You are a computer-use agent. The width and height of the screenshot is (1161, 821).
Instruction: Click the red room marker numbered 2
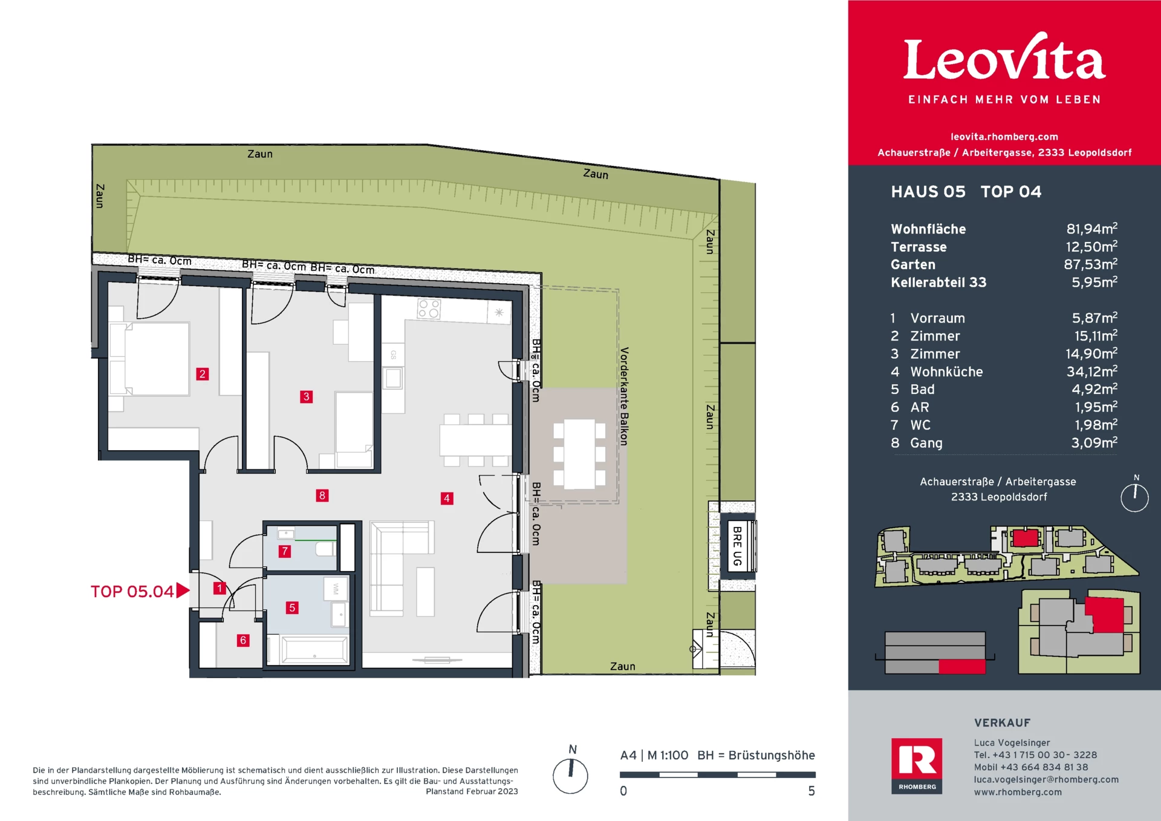[x=203, y=374]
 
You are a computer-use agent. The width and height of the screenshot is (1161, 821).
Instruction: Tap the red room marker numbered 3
[x=307, y=397]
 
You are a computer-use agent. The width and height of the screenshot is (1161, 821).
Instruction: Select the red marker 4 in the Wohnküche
[x=447, y=499]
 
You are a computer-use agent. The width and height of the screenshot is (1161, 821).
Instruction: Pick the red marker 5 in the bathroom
[x=292, y=607]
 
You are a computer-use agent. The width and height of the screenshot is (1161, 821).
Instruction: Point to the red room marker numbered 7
[x=285, y=551]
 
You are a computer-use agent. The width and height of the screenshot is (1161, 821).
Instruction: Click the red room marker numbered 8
[x=322, y=496]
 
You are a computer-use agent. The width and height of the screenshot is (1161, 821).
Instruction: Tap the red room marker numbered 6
[x=243, y=640]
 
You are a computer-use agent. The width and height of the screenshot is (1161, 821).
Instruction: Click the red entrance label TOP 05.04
[x=132, y=591]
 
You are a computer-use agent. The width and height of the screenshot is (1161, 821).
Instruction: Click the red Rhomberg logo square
[x=917, y=766]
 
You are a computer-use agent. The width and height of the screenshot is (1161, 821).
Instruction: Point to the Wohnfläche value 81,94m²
[x=1091, y=229]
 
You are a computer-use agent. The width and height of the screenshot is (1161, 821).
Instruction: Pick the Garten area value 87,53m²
[x=1091, y=264]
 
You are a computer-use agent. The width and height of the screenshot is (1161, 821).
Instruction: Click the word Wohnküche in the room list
[x=946, y=371]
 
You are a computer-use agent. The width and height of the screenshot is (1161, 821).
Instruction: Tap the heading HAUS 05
[x=928, y=192]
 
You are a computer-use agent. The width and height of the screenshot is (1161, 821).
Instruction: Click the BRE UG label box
[x=738, y=546]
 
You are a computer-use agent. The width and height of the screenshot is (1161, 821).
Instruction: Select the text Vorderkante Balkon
[x=624, y=396]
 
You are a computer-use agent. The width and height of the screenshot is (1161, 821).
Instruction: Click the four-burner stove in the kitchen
[x=429, y=309]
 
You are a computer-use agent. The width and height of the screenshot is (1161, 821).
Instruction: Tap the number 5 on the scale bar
[x=811, y=791]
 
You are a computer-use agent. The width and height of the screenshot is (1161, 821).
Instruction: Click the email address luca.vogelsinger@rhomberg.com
[x=1046, y=779]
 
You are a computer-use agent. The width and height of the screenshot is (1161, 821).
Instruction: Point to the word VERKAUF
[x=1002, y=722]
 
